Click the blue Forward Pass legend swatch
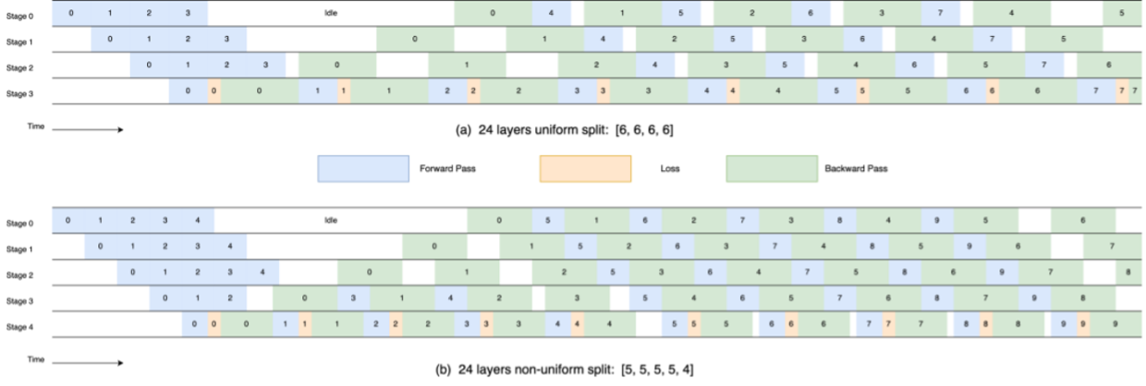click(x=362, y=169)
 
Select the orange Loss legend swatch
click(x=585, y=169)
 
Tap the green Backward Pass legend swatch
click(x=771, y=169)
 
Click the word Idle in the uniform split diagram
click(x=331, y=14)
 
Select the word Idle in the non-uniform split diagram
click(x=331, y=221)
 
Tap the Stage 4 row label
click(x=19, y=325)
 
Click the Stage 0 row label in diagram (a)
click(x=19, y=15)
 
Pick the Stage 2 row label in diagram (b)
click(x=19, y=273)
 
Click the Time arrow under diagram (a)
click(x=88, y=130)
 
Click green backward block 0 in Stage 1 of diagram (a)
click(x=415, y=40)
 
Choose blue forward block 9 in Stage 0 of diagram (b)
click(x=937, y=221)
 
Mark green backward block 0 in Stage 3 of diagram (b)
click(x=305, y=299)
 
